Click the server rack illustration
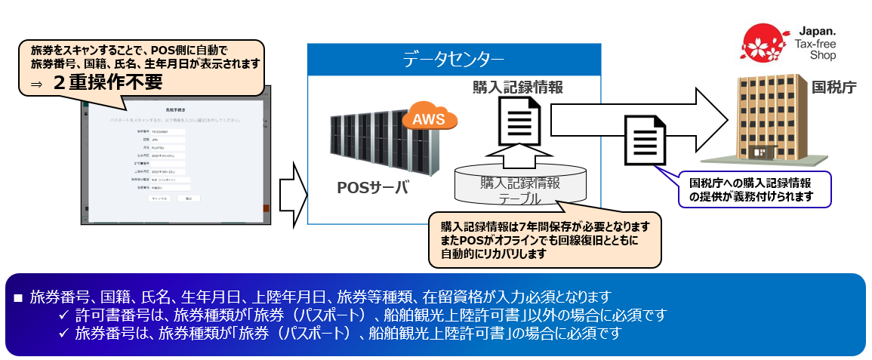tap(373, 143)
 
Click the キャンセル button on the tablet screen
tap(159, 198)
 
